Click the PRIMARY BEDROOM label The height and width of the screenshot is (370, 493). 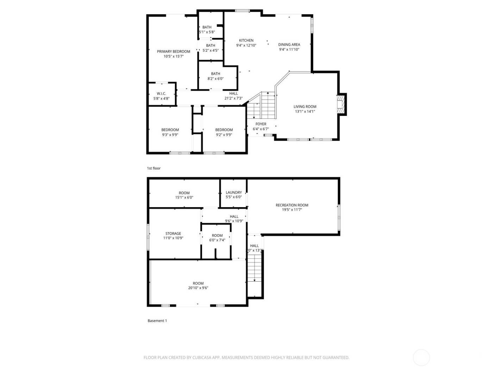click(x=173, y=51)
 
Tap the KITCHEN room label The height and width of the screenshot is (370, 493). click(x=246, y=41)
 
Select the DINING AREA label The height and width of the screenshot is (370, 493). click(x=289, y=45)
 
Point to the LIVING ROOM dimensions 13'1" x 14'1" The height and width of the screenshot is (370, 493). click(x=305, y=111)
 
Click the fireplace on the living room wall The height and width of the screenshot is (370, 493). click(x=341, y=104)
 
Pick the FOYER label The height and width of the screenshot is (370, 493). click(x=261, y=124)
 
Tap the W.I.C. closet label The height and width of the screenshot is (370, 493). click(x=161, y=94)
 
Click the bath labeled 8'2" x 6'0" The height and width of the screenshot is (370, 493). click(x=216, y=76)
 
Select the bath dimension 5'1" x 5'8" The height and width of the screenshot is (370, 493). click(x=207, y=32)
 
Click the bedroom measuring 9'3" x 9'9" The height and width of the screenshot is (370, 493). click(x=170, y=132)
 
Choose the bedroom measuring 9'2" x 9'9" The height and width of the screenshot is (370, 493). click(x=224, y=132)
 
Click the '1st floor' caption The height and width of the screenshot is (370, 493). click(x=154, y=168)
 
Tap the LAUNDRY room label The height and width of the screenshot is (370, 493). click(x=234, y=192)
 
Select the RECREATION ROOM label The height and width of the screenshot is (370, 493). click(x=292, y=205)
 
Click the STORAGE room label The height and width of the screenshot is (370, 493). click(x=173, y=234)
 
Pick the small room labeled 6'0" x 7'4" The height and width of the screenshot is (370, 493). click(x=217, y=238)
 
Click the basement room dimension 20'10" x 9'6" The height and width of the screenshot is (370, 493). click(x=198, y=288)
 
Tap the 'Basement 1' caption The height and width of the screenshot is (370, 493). click(x=157, y=321)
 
